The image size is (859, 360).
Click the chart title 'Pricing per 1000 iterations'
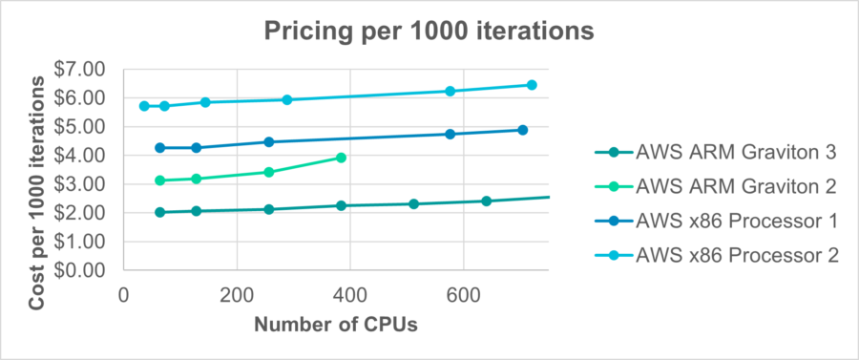coord(429,31)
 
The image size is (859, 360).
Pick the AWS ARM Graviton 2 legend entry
coord(735,185)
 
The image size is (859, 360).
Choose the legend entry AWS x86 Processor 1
coord(735,221)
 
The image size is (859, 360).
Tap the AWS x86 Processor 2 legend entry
coord(735,255)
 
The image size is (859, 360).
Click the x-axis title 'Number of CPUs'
coord(335,326)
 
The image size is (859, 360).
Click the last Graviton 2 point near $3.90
coord(341,158)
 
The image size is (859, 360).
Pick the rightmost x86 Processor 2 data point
coord(532,85)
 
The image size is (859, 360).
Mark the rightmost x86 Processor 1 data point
coord(523,130)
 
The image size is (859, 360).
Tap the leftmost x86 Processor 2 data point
coord(144,106)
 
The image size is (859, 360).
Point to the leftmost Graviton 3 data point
coord(159,212)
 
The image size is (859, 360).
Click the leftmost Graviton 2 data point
coord(159,180)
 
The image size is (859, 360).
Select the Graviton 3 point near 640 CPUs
coord(486,201)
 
